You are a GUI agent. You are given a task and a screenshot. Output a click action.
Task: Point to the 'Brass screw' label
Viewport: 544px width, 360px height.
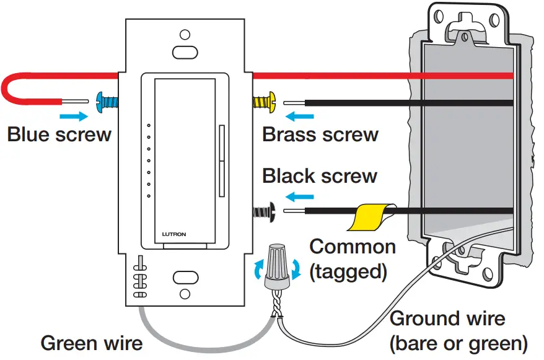click(320, 134)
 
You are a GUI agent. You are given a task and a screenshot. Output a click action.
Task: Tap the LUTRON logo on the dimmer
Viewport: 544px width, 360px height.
click(174, 234)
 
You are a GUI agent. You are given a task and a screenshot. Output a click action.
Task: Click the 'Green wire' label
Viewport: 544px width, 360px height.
click(92, 343)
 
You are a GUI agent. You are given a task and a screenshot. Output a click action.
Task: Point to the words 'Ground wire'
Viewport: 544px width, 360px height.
click(447, 319)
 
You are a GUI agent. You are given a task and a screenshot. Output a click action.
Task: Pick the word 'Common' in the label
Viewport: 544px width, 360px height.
click(353, 247)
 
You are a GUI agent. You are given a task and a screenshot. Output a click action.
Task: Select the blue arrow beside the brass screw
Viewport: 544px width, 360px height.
click(296, 115)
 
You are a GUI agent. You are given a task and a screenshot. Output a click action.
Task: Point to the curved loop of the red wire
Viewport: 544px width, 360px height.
click(7, 87)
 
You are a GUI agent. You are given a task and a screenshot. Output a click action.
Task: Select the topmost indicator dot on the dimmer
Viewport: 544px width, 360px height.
click(149, 126)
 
